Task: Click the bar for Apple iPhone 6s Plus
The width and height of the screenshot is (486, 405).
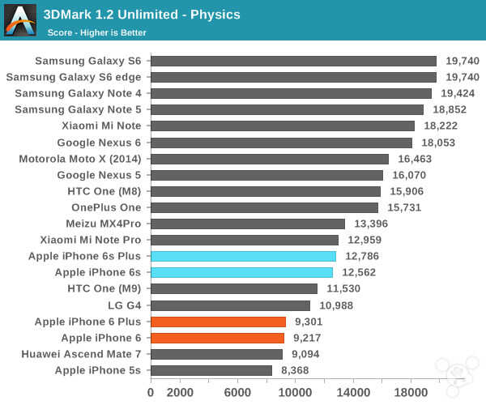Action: tap(243, 256)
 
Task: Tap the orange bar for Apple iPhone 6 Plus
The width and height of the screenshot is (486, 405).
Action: tap(218, 322)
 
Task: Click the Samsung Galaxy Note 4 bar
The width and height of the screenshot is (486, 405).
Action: tap(291, 93)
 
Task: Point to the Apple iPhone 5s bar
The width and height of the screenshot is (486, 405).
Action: tap(211, 370)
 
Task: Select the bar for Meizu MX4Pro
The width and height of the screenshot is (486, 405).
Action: tap(248, 224)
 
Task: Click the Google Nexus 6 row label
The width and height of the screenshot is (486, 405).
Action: tap(98, 142)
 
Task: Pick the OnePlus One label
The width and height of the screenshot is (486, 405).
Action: tap(105, 207)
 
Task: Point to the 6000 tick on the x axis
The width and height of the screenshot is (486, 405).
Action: tap(237, 393)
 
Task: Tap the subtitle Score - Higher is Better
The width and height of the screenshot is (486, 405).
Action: tap(96, 33)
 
